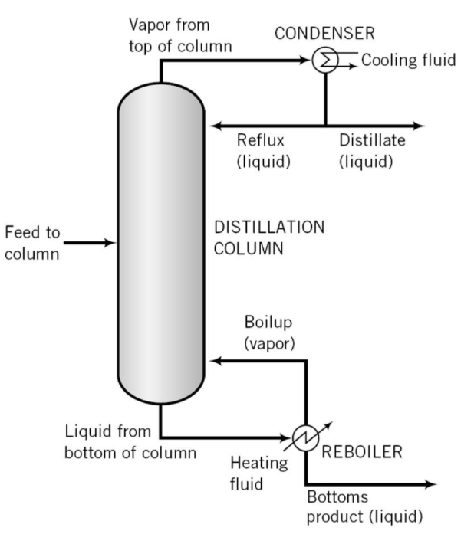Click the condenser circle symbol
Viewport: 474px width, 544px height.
tap(325, 61)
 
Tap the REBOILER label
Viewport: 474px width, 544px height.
tap(361, 452)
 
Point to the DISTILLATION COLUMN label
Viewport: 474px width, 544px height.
tap(268, 238)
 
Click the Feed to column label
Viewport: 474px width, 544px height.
tap(31, 243)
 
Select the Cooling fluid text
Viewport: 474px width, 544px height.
tap(409, 61)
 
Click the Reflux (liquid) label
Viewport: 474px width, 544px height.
tap(261, 151)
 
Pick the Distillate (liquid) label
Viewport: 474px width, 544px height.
tap(372, 151)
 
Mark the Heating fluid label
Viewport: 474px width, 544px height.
tap(259, 474)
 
